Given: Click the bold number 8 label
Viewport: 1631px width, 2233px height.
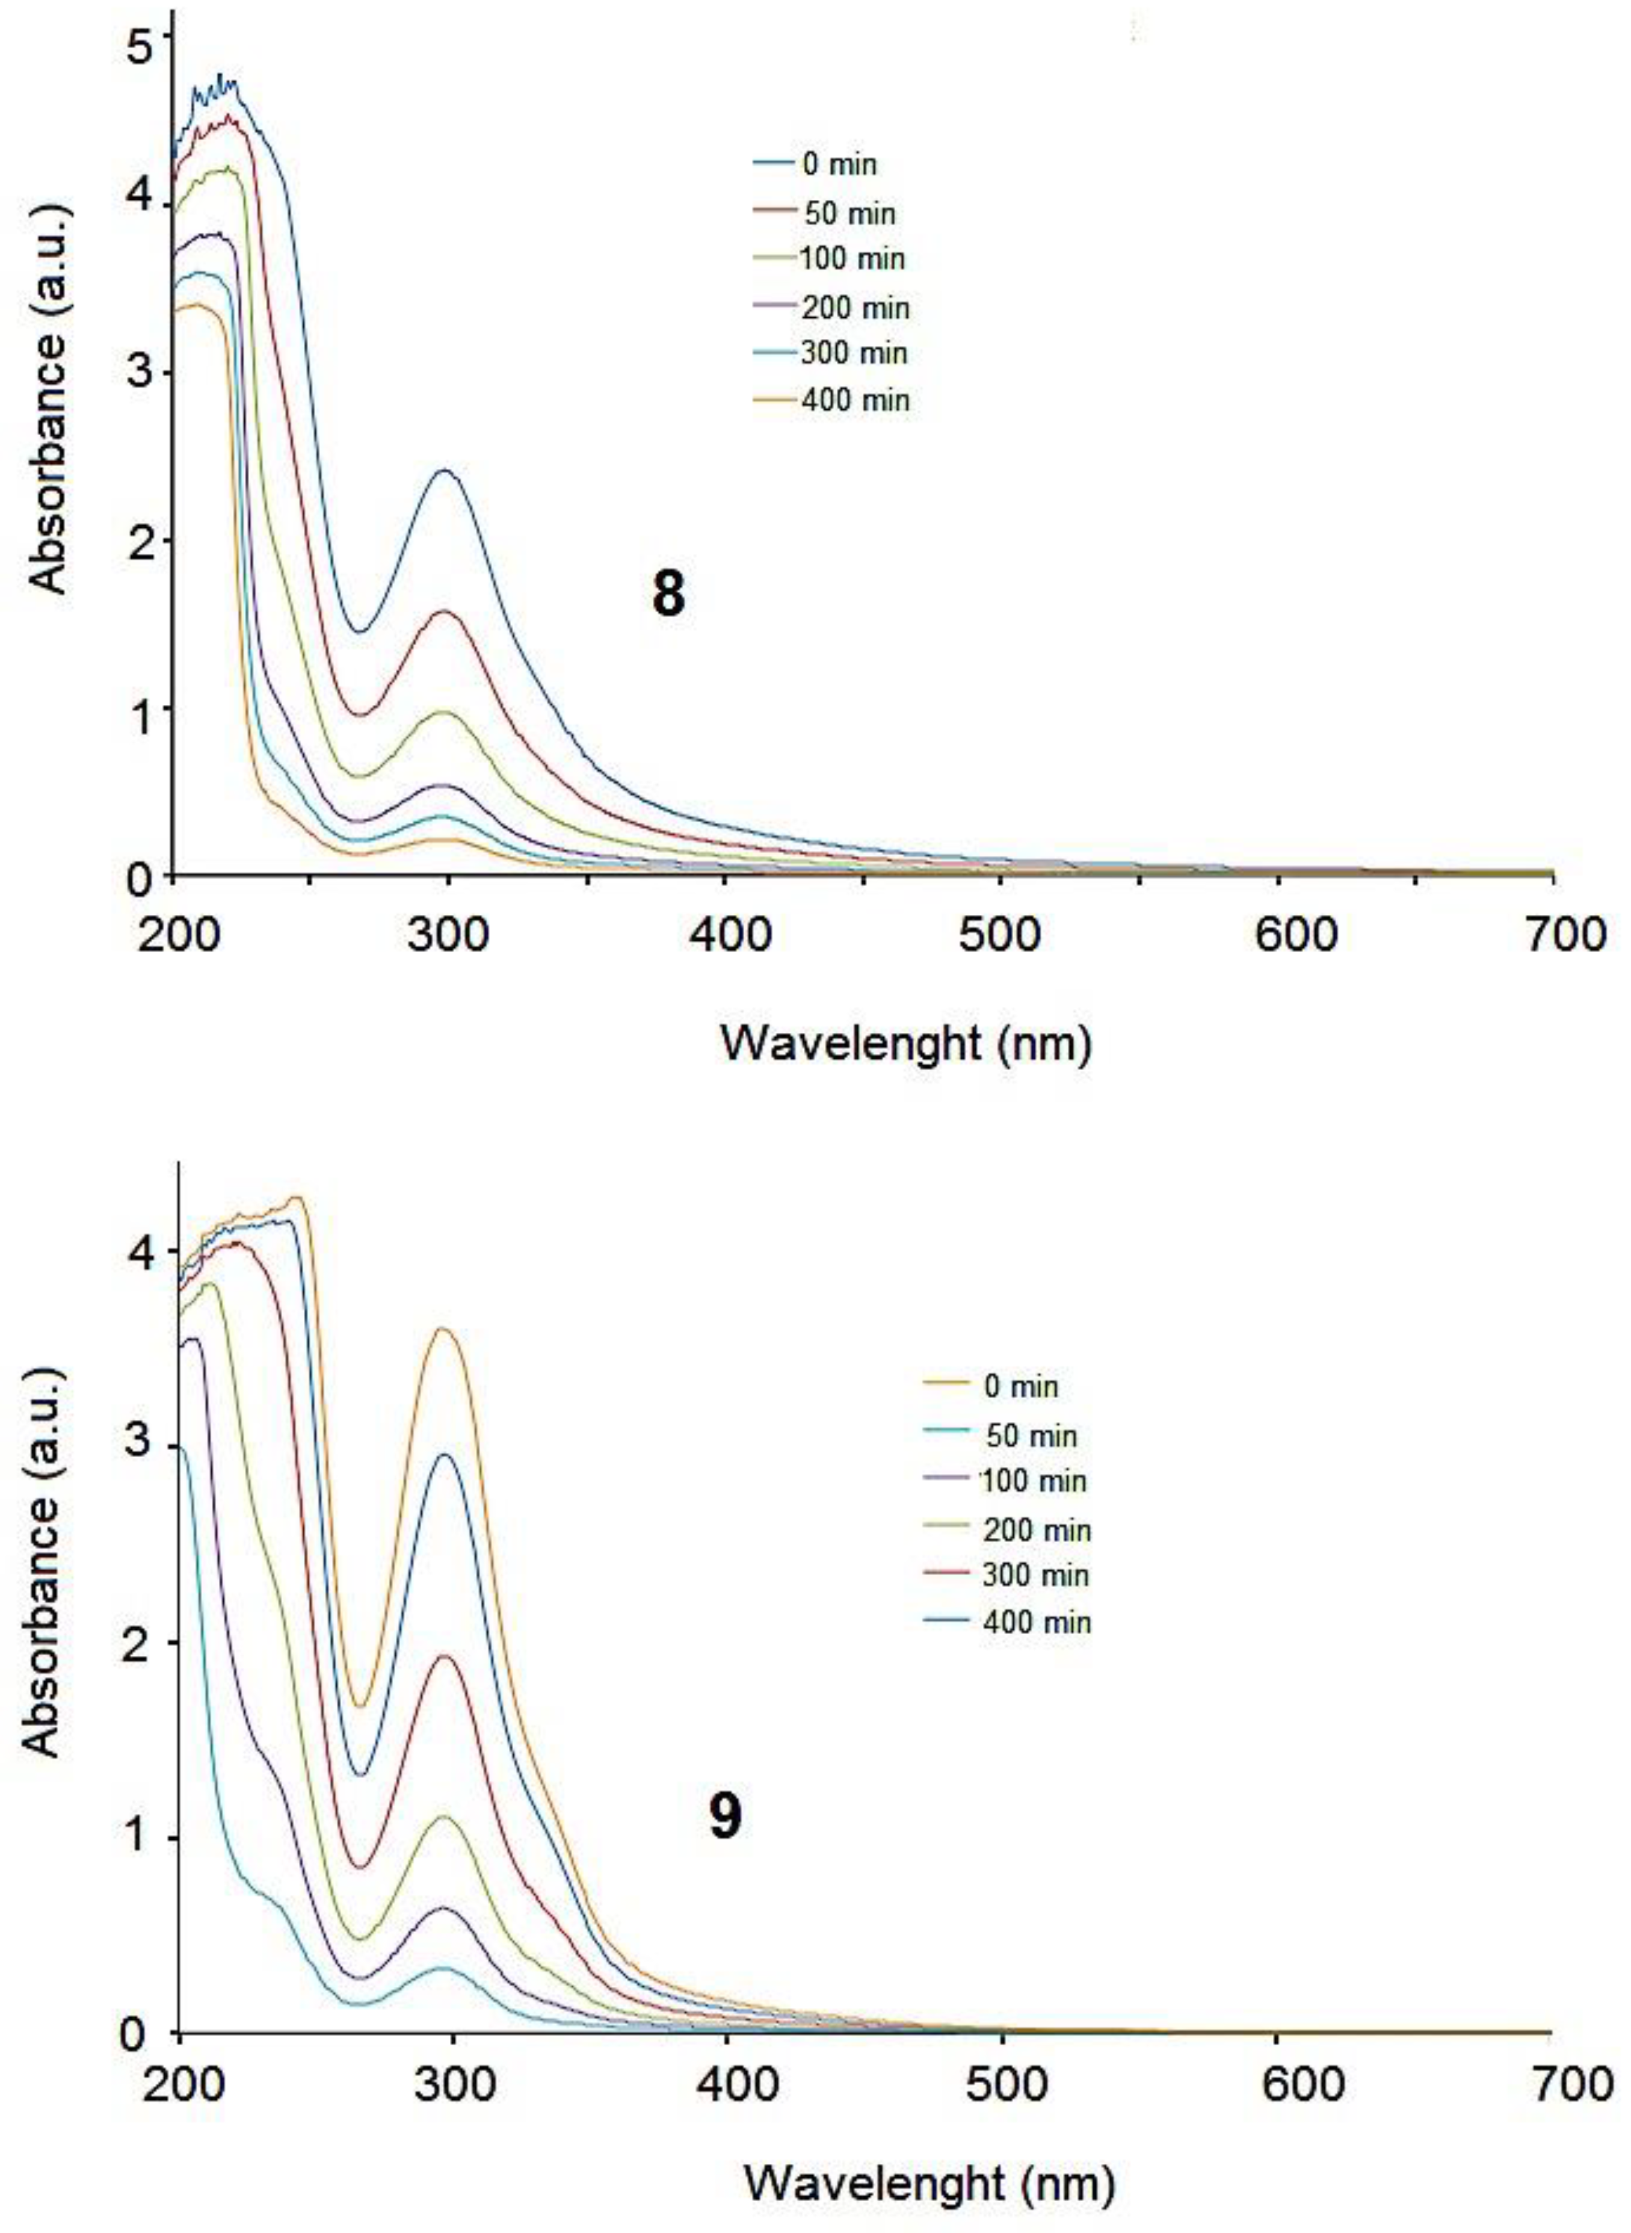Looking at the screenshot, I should pyautogui.click(x=668, y=596).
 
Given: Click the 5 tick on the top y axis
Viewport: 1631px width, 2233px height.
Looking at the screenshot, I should pyautogui.click(x=135, y=34).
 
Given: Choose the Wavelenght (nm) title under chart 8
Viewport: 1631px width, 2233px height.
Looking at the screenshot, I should pyautogui.click(x=906, y=1043).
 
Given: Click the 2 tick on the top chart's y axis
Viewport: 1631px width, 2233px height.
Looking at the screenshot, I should pyautogui.click(x=135, y=540).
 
